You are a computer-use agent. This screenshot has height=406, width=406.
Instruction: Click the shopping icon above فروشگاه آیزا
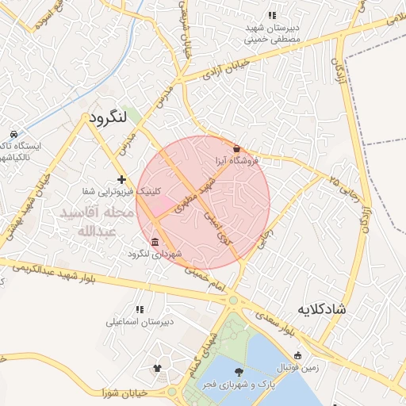(236, 148)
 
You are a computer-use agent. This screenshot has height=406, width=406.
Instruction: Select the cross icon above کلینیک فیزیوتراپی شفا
(121, 179)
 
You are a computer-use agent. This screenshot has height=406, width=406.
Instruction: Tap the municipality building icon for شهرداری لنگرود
(154, 243)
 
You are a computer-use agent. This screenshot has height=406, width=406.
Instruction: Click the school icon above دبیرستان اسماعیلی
(140, 309)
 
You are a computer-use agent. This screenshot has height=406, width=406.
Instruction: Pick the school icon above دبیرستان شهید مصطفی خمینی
(272, 15)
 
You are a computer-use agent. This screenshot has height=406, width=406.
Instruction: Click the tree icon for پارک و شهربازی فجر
(238, 371)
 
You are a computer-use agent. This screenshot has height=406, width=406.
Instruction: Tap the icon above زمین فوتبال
(297, 356)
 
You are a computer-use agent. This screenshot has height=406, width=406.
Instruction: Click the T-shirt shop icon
(156, 369)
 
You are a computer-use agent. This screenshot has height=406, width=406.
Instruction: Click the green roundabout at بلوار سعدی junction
(233, 301)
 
